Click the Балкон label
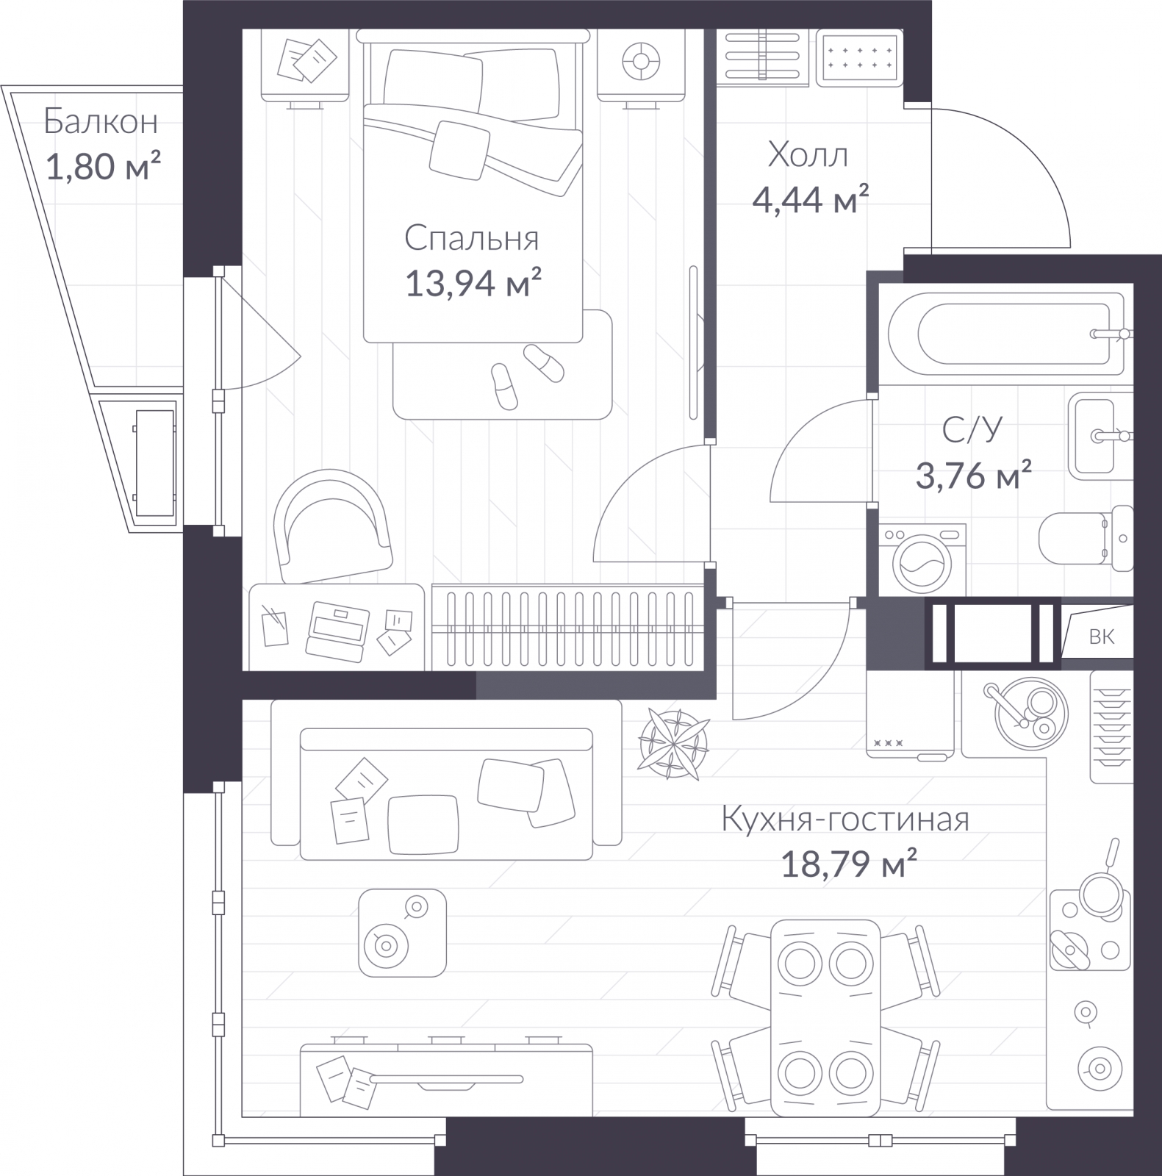point(101,121)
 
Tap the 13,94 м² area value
point(473,283)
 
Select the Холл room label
point(808,155)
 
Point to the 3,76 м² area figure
point(973,476)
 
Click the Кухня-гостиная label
point(845,819)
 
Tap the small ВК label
point(1101,637)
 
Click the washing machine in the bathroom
point(922,559)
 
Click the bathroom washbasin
point(1100,435)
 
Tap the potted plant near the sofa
point(674,743)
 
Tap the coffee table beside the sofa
point(402,932)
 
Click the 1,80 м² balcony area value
point(103,167)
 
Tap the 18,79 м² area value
point(848,864)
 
